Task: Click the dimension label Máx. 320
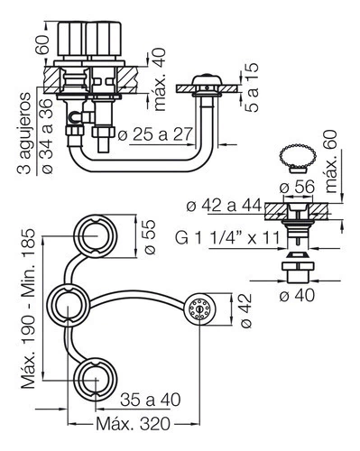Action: [x=133, y=424]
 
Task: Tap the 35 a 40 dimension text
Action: [x=151, y=400]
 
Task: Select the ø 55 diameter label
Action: [x=149, y=237]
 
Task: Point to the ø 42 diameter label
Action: [x=245, y=310]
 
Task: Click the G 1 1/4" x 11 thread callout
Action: [x=227, y=238]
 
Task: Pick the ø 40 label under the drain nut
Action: [x=297, y=295]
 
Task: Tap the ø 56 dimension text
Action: [x=297, y=187]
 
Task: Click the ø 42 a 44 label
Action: [x=224, y=206]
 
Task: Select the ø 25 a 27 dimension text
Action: [x=155, y=134]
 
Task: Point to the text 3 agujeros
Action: [x=23, y=133]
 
